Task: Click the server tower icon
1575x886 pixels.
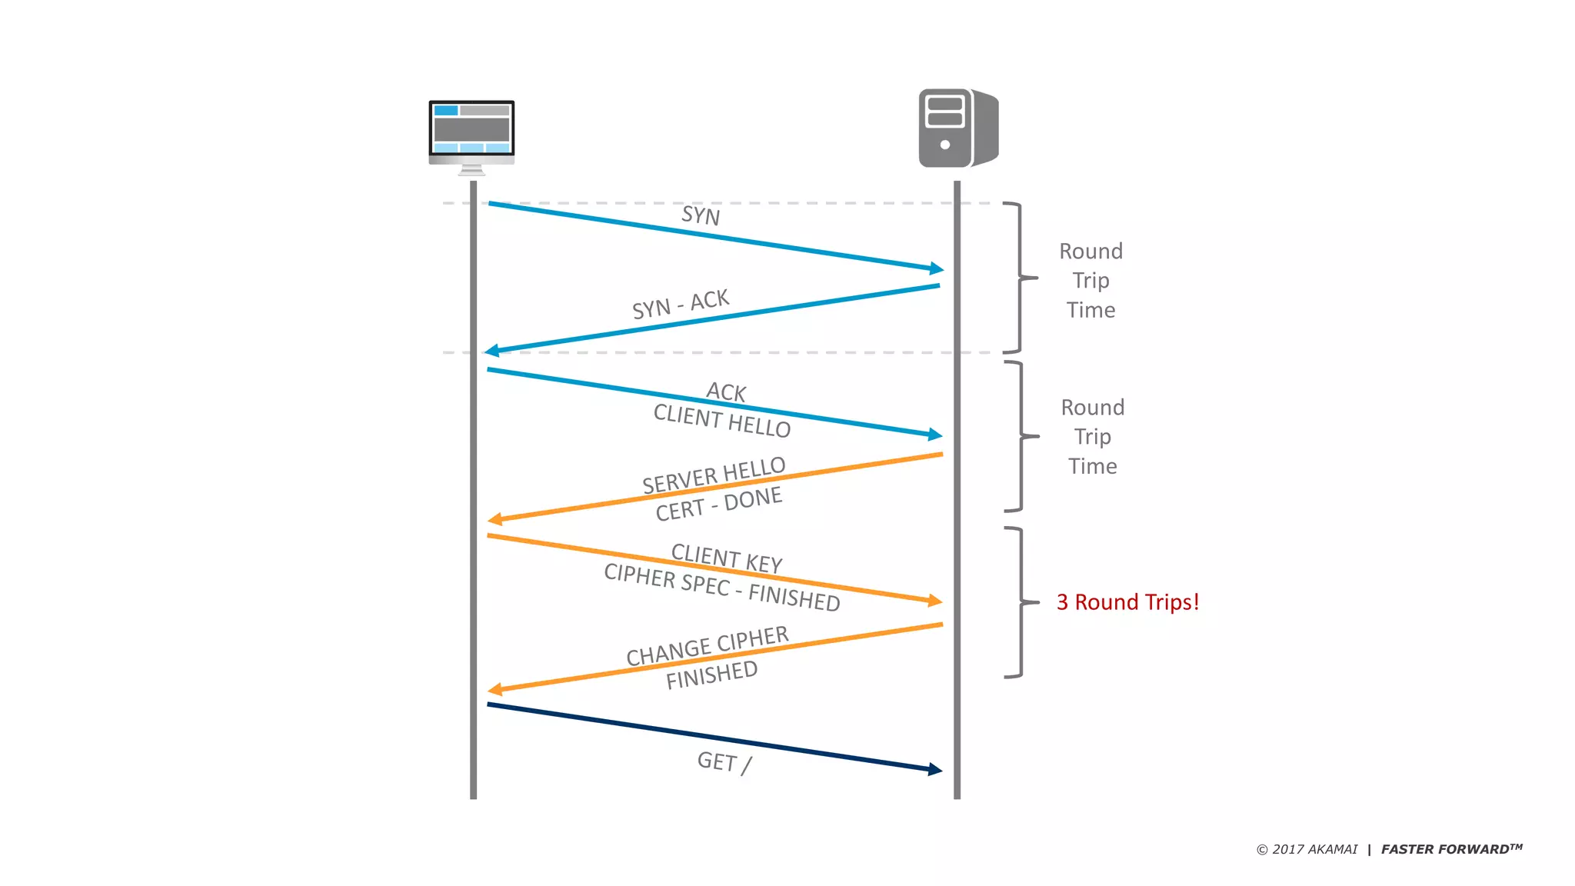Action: point(957,128)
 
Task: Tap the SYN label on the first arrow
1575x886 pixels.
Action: point(701,215)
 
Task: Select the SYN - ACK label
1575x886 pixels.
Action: point(680,304)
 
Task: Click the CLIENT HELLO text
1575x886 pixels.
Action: point(721,421)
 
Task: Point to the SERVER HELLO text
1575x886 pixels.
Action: point(714,475)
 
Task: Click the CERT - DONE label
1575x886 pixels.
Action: point(718,504)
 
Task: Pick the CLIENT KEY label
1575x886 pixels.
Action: point(726,558)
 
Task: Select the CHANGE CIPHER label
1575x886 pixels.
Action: point(707,645)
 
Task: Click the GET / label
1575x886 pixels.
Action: point(724,762)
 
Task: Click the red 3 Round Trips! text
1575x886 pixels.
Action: point(1127,602)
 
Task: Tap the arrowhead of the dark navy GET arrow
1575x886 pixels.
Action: point(934,769)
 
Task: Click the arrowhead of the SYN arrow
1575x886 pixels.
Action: point(936,268)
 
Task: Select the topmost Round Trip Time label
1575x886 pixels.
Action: point(1091,280)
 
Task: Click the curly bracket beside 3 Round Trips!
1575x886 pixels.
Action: point(1021,602)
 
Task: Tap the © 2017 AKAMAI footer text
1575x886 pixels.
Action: point(1307,849)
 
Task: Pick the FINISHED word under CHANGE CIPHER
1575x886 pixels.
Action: point(711,674)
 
